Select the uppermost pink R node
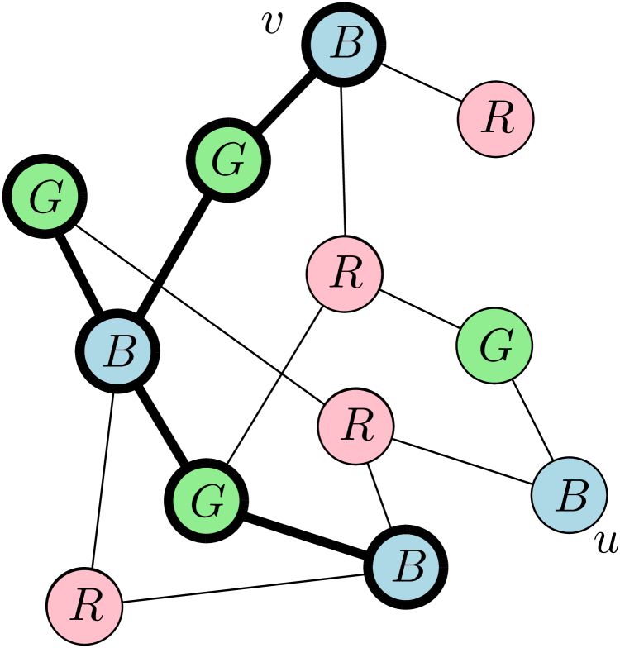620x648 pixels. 495,119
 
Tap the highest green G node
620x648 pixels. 228,160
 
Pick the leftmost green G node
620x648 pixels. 45,197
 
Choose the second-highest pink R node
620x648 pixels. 344,274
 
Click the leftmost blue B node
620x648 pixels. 117,351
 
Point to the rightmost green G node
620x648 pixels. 494,345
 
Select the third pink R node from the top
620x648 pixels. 355,426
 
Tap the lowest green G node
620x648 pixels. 206,500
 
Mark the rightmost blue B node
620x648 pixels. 570,495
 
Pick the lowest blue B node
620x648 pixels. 405,567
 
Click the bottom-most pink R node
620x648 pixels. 85,607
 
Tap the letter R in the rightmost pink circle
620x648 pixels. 495,119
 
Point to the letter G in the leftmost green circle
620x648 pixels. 45,197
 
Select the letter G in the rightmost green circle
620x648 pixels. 494,345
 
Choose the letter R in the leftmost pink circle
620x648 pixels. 85,607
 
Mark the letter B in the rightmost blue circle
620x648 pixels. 570,495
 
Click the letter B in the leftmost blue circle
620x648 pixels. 117,351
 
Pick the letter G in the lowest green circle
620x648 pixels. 206,500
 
